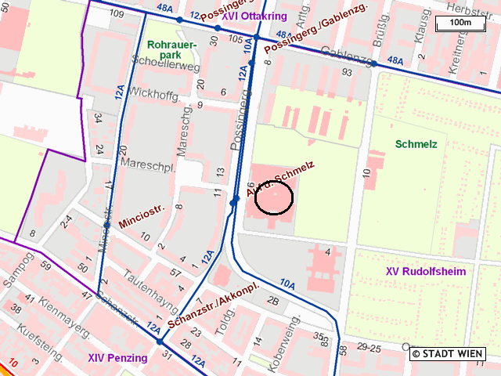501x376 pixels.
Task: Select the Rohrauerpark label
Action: click(168, 50)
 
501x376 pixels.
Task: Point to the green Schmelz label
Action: click(416, 145)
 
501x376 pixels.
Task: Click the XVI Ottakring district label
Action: click(254, 16)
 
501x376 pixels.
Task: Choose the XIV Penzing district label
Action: click(117, 358)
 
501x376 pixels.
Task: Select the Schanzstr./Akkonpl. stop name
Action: click(213, 309)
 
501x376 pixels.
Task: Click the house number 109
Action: click(118, 14)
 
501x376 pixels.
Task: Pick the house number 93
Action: click(346, 72)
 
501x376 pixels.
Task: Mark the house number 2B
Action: click(273, 300)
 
